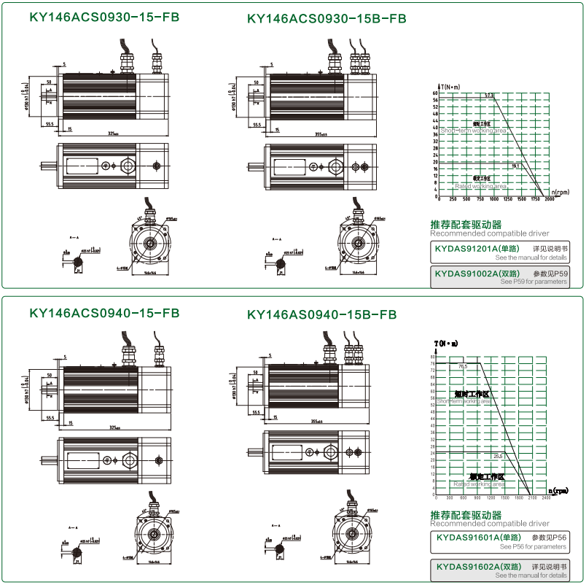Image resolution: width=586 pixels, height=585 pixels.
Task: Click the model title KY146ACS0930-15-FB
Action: (104, 18)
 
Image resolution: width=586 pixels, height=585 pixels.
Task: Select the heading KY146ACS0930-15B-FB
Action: (327, 18)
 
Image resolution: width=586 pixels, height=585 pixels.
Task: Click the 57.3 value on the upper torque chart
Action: (488, 96)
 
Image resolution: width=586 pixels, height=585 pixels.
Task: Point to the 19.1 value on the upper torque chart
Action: (516, 166)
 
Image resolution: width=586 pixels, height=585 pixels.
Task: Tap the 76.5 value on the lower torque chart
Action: (463, 366)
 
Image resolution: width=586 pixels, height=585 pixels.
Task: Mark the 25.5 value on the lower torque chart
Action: (499, 456)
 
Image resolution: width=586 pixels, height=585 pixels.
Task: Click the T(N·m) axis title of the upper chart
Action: (450, 87)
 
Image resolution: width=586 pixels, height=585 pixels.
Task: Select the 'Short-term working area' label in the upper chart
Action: (474, 131)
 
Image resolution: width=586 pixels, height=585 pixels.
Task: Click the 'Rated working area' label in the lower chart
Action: (479, 484)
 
